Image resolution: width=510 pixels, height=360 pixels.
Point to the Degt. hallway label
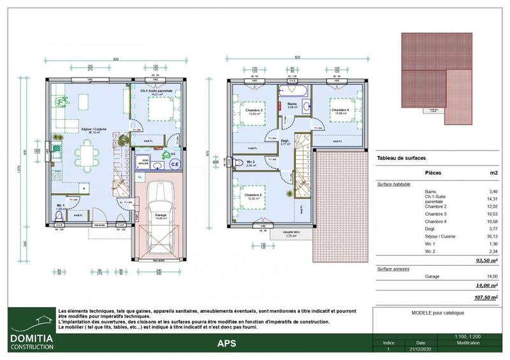click(285, 141)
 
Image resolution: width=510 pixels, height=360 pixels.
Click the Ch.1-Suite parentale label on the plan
click(157, 91)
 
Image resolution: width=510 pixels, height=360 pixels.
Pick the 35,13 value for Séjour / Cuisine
click(490, 235)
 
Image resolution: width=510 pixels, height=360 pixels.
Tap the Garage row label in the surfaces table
click(433, 276)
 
